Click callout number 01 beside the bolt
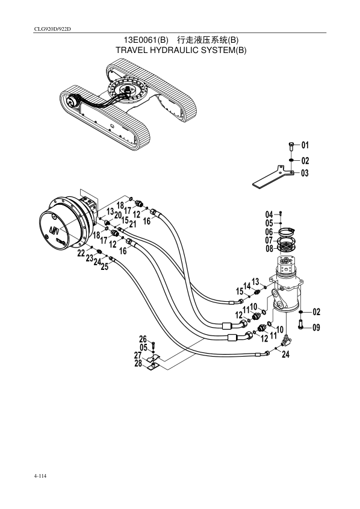(305, 145)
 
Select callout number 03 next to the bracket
(305, 173)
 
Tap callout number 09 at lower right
(316, 327)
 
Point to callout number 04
(269, 214)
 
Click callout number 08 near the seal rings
(269, 249)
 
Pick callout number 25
(104, 267)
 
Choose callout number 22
(81, 253)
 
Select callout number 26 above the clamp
(143, 339)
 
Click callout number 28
(138, 363)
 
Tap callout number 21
(132, 224)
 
